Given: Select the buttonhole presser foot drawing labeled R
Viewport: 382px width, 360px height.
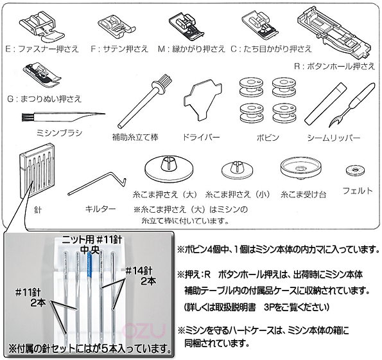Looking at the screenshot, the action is click(x=334, y=32).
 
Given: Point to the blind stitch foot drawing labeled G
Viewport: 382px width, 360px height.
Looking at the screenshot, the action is click(x=42, y=75).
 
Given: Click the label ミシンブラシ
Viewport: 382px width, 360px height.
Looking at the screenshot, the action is click(x=60, y=133).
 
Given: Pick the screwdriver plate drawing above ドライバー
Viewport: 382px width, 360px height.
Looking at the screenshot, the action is click(x=202, y=100).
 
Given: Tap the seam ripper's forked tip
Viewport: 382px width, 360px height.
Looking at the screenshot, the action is click(x=334, y=122).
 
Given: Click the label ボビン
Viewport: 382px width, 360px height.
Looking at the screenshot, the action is click(x=268, y=138).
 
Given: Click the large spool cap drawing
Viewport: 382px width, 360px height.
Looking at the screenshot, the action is click(x=169, y=169).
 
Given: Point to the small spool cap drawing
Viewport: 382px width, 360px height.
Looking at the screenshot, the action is click(x=237, y=170).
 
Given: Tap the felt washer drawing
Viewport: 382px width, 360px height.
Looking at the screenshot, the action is click(x=356, y=170).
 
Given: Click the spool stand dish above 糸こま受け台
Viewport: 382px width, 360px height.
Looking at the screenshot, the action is click(x=300, y=168).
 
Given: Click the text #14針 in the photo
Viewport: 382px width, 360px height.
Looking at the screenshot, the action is click(x=139, y=271).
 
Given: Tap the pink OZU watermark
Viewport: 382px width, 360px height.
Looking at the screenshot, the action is click(x=144, y=330).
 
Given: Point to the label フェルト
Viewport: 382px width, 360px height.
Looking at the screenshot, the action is click(x=358, y=190).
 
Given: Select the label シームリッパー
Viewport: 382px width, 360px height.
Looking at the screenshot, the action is click(x=334, y=138).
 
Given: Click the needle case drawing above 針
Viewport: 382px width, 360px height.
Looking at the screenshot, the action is click(x=37, y=171).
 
